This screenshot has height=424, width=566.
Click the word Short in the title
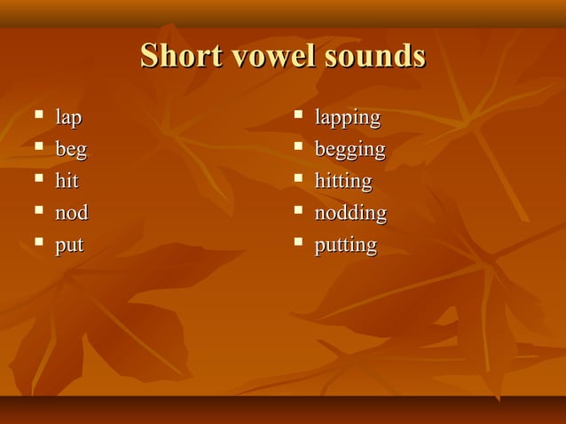(x=180, y=57)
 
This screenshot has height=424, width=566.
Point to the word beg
(x=71, y=150)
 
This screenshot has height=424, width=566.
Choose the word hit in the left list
(x=67, y=181)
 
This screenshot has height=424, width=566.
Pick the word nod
(x=72, y=213)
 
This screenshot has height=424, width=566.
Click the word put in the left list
(x=69, y=245)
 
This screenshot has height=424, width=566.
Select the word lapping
(x=347, y=118)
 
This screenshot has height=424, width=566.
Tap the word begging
(x=350, y=150)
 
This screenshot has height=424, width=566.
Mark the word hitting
(x=342, y=181)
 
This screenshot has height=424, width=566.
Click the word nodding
(x=350, y=213)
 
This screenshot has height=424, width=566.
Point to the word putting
(x=345, y=245)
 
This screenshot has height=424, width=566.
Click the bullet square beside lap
(x=37, y=114)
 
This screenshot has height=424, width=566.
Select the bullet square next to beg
(x=37, y=146)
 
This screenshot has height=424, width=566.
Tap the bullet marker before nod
(x=37, y=210)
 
